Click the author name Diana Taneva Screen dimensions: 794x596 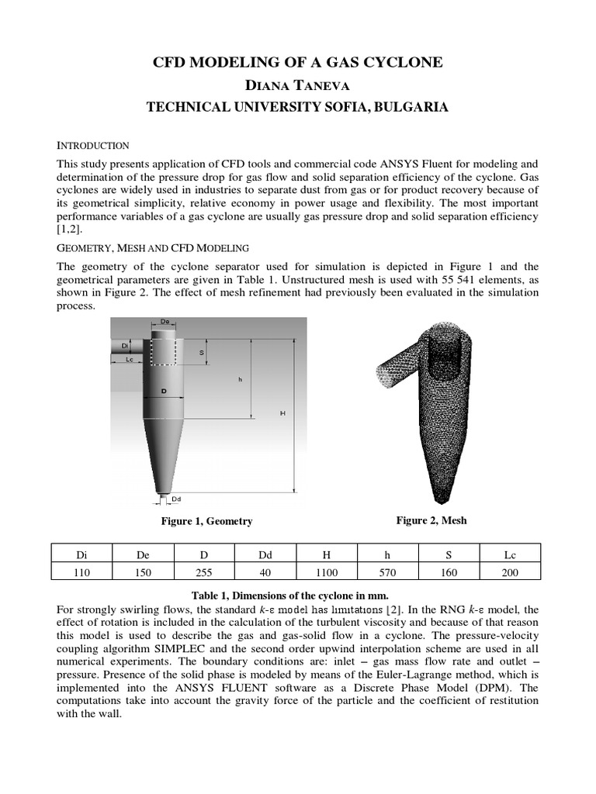297,85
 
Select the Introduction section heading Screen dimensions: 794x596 93,146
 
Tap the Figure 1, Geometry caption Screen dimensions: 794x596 206,521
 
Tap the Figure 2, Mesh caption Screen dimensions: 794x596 431,520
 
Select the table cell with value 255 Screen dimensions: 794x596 204,572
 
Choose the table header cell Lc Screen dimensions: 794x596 510,555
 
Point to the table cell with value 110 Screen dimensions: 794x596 81,572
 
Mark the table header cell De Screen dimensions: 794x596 143,555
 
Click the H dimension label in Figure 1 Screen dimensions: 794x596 282,413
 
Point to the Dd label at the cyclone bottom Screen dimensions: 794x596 176,499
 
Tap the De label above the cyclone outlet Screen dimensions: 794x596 165,322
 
